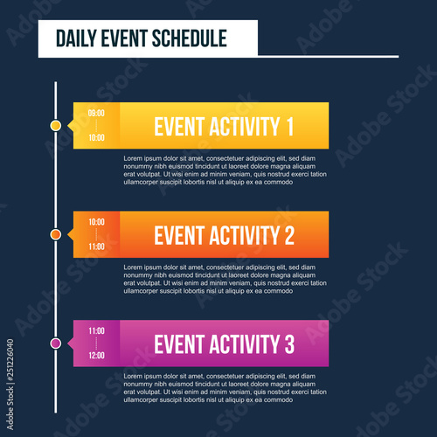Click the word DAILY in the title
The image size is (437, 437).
click(73, 38)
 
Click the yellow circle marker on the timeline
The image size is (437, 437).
click(56, 126)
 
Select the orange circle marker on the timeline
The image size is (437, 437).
click(56, 234)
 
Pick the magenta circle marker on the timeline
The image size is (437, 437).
click(56, 343)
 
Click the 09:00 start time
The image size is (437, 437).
click(96, 114)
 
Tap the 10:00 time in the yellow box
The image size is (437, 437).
click(96, 137)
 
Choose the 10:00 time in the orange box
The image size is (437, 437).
click(96, 222)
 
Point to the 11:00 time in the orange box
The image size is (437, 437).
click(96, 246)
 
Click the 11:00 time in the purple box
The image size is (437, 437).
click(96, 331)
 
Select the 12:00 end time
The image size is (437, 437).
click(96, 356)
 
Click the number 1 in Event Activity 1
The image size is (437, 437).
click(288, 127)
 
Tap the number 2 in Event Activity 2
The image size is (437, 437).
click(288, 235)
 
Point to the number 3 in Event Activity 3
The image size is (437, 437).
click(288, 344)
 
